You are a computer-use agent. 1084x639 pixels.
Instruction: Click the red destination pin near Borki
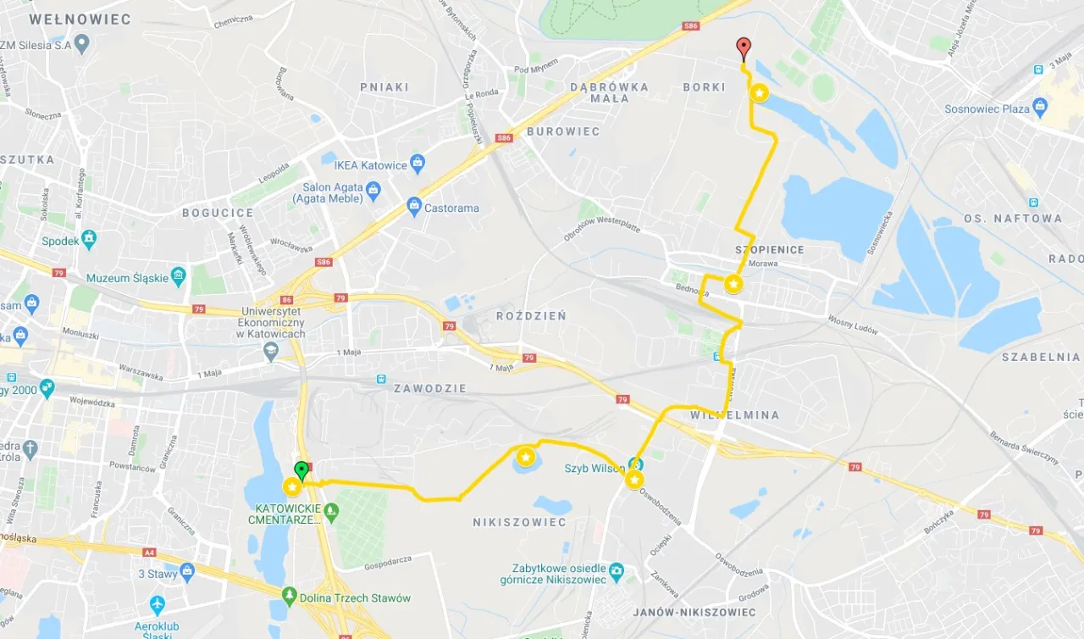pos(743,47)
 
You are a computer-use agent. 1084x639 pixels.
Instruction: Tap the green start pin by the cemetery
pos(301,470)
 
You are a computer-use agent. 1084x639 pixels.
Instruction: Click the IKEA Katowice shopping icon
pos(417,162)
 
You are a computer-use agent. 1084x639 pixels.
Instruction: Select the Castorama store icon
pos(413,205)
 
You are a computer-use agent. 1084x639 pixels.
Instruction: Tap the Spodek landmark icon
pos(89,239)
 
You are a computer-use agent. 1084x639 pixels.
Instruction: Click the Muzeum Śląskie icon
pos(178,275)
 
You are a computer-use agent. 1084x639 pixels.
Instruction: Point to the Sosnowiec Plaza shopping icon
pos(1040,107)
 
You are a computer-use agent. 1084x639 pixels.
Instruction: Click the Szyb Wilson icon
pos(635,464)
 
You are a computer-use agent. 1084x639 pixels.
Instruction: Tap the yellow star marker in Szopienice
pos(733,284)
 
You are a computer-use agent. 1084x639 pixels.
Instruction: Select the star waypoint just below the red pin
pos(760,92)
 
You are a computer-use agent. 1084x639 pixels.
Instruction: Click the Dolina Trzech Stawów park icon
pos(290,596)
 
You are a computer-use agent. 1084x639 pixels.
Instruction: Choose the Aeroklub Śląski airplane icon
pos(157,605)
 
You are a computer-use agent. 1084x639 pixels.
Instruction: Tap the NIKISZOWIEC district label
pos(519,522)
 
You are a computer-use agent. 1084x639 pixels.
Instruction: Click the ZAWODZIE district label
pos(429,388)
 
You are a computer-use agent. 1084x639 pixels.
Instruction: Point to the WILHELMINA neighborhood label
pos(734,415)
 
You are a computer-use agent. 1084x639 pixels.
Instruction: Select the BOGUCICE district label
pos(218,213)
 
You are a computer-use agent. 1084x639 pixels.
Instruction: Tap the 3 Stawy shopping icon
pos(187,572)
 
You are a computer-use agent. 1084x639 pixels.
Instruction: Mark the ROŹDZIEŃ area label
pos(531,315)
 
